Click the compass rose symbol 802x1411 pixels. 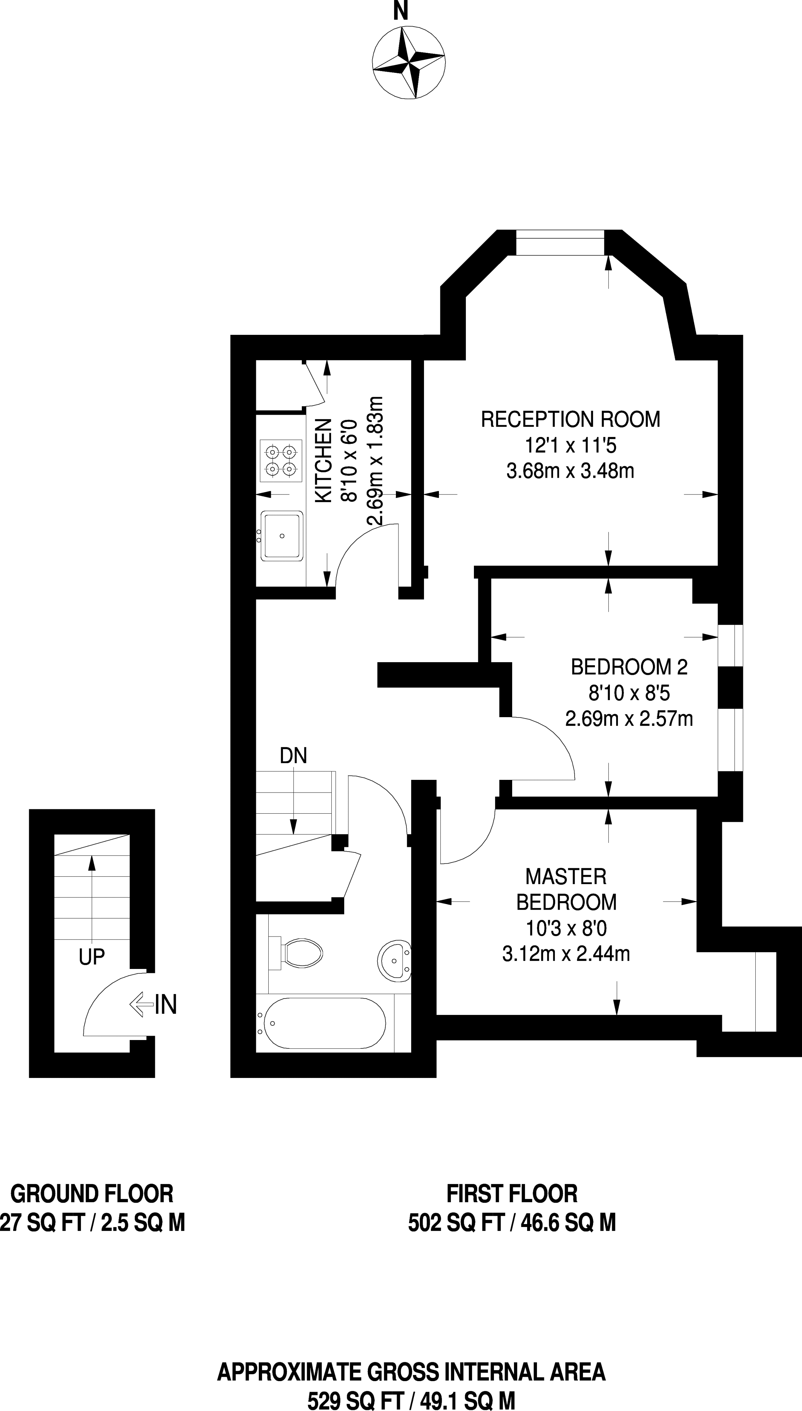(408, 63)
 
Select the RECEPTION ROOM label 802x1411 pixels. (570, 419)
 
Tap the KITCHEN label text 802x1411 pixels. (323, 460)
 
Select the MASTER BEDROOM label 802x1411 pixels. (566, 889)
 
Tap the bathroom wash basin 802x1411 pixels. (394, 960)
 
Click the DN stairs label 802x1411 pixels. (293, 756)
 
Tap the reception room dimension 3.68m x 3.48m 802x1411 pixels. (570, 471)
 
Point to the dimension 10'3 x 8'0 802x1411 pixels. (566, 929)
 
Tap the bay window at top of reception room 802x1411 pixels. (560, 243)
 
